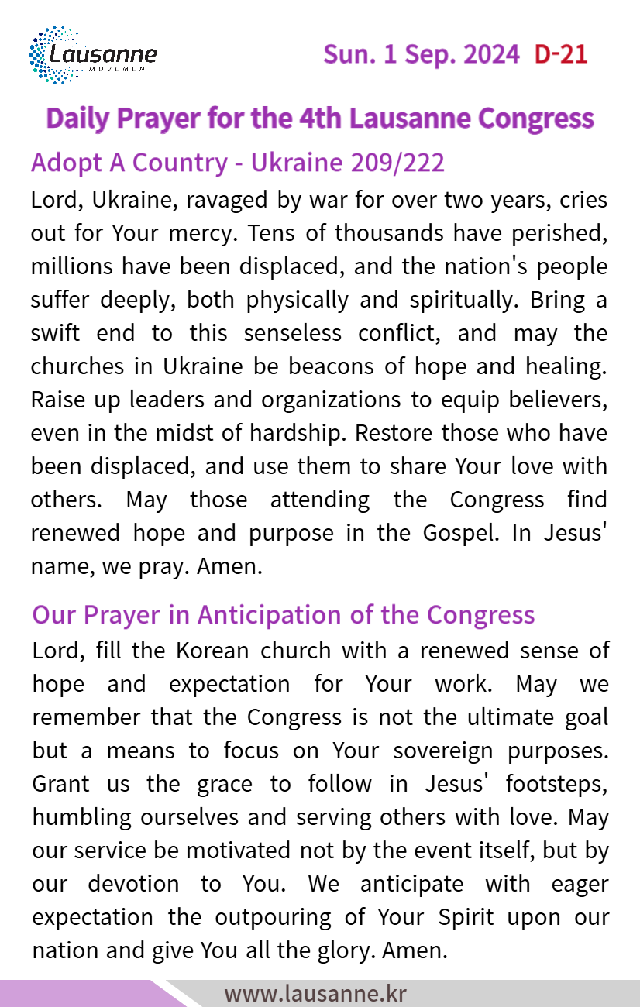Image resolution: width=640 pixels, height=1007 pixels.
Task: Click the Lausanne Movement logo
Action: coord(92,55)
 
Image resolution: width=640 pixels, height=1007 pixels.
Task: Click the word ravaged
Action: coord(219,199)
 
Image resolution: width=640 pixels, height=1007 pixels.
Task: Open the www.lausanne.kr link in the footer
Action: coord(315,993)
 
